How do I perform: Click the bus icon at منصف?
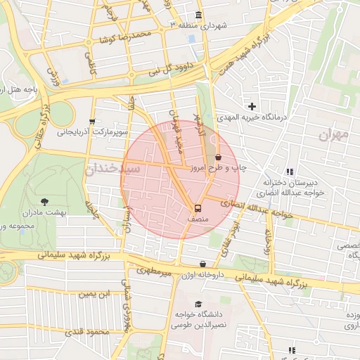(x=198, y=208)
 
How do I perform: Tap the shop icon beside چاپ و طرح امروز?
(x=217, y=157)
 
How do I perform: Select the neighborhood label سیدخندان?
(x=112, y=169)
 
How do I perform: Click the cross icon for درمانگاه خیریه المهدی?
(x=252, y=106)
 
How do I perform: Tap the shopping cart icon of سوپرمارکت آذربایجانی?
(x=92, y=121)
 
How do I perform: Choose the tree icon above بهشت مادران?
(x=45, y=201)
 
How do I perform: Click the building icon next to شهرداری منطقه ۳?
(x=200, y=15)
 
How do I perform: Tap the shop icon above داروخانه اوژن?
(x=203, y=264)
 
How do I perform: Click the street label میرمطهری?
(x=155, y=269)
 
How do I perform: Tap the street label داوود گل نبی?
(x=164, y=71)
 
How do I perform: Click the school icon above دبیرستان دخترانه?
(x=290, y=172)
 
